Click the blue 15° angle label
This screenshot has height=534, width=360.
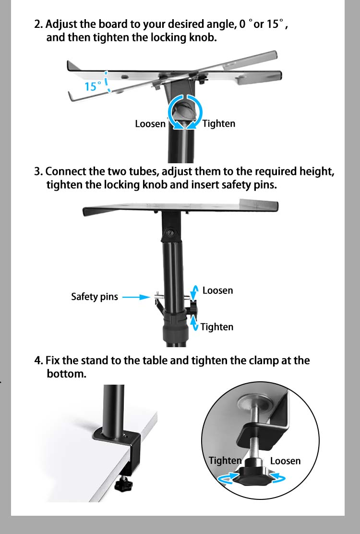pos(93,86)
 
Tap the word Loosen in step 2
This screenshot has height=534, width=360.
pos(150,124)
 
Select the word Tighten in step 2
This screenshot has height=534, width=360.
pos(219,124)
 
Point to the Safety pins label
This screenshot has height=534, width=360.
pos(94,297)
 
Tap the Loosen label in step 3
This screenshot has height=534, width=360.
pos(217,291)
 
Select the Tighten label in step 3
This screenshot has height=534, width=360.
pos(216,327)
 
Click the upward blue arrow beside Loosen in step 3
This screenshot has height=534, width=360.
pos(195,291)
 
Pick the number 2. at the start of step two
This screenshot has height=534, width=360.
pos(38,24)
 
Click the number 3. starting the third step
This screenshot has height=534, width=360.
pos(38,172)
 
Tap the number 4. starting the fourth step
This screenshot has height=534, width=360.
pos(38,361)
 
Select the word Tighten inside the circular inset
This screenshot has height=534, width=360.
pos(225,461)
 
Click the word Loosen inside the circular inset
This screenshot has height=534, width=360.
pos(285,461)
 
